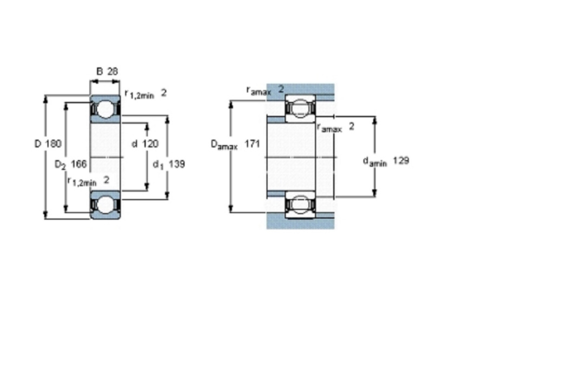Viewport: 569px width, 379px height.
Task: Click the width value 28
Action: pos(113,71)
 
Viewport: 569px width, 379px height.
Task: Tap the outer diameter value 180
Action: pos(53,144)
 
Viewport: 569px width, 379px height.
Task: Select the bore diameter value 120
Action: pos(150,144)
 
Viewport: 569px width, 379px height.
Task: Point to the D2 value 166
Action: pos(79,164)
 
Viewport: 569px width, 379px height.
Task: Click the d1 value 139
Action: pos(177,164)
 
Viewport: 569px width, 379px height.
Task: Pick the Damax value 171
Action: pos(252,144)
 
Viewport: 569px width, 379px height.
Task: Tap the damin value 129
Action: pos(401,160)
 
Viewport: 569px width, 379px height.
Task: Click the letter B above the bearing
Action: pos(99,71)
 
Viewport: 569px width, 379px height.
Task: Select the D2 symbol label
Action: pos(60,165)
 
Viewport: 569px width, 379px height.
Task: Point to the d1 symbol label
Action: pos(158,165)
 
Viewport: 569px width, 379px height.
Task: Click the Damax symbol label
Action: pos(224,145)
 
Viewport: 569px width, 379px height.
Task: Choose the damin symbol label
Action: pos(375,162)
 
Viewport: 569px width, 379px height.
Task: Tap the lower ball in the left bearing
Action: pos(105,205)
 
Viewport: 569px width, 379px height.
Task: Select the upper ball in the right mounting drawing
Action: pos(300,108)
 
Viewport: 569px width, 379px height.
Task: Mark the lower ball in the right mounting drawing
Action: pos(300,204)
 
